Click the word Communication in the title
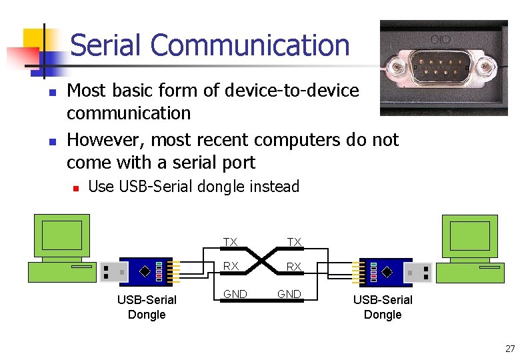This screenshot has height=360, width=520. point(250,46)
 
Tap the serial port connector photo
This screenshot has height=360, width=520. point(443,67)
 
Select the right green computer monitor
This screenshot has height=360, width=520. point(470,235)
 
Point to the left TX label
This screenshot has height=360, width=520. point(230,242)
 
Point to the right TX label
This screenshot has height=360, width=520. point(294,242)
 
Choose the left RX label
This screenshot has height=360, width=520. point(231,267)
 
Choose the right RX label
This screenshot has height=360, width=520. point(294,267)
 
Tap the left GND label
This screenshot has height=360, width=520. point(235,294)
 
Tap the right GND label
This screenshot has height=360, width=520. point(289,294)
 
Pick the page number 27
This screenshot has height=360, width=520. point(510,349)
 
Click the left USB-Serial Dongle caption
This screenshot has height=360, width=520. point(147,307)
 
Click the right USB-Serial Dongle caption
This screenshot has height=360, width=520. point(383,307)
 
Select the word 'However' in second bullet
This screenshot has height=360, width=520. point(105,140)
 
